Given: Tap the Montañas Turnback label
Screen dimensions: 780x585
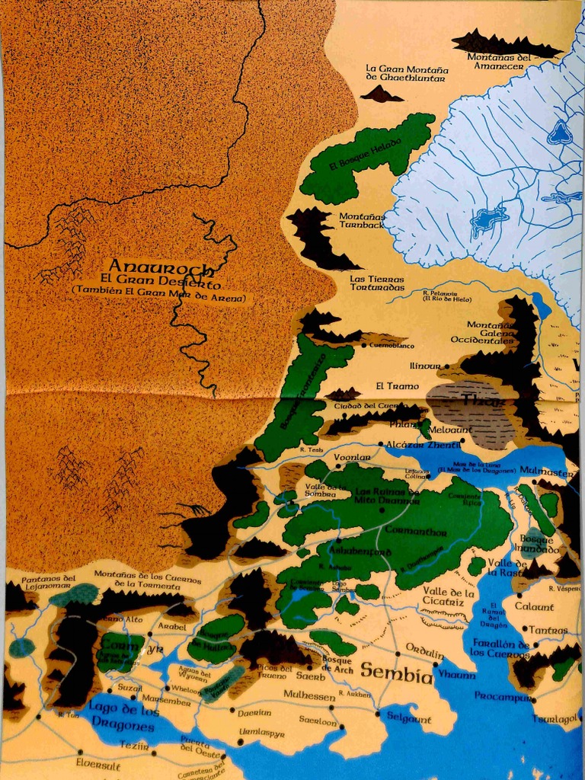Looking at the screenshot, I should pos(362,221).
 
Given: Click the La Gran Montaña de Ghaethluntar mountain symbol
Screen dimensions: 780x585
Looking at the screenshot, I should pos(382,94).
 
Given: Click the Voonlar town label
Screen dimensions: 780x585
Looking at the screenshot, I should pos(352,457).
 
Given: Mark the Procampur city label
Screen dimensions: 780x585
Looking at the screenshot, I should pos(502,695).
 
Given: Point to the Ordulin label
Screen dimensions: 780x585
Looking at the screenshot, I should pos(424,647).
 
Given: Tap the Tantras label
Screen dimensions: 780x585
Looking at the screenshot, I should pos(548,630).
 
